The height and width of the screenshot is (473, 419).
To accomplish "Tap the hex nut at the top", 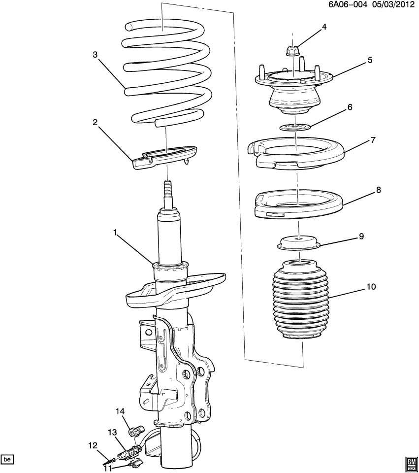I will [291, 50].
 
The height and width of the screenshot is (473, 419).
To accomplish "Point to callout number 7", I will [373, 140].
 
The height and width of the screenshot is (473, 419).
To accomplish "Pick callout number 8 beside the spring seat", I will [378, 190].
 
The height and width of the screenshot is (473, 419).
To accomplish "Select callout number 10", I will [371, 286].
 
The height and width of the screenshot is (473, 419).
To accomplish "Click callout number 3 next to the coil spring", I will [96, 55].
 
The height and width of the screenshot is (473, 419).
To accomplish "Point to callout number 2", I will [96, 123].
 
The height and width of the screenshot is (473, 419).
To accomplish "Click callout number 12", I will [94, 445].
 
